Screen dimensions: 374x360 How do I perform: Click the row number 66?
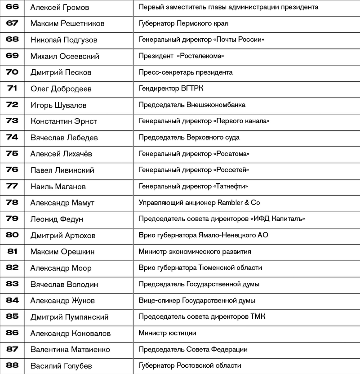pos(12,7)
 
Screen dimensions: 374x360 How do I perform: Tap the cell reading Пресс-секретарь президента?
pos(186,72)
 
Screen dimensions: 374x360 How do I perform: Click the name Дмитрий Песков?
pos(61,72)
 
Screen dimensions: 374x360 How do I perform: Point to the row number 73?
pos(12,121)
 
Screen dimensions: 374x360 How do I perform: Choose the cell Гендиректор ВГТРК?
pos(171,89)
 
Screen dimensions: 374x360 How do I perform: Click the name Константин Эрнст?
pos(63,121)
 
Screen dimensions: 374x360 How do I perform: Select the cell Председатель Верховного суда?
pos(189,138)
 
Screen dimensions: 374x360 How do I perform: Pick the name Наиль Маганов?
pos(58,187)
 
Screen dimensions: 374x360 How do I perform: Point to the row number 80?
pos(12,235)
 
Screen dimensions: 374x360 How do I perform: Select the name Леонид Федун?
pos(57,219)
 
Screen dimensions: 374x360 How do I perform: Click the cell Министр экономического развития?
pos(195,252)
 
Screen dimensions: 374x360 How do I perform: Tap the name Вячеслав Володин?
pos(64,284)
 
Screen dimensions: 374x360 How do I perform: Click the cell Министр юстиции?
pos(167,333)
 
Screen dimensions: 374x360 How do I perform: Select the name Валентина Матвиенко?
pos(70,349)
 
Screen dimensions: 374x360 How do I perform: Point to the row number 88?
pos(12,365)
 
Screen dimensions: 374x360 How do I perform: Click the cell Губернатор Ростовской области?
pos(190,365)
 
